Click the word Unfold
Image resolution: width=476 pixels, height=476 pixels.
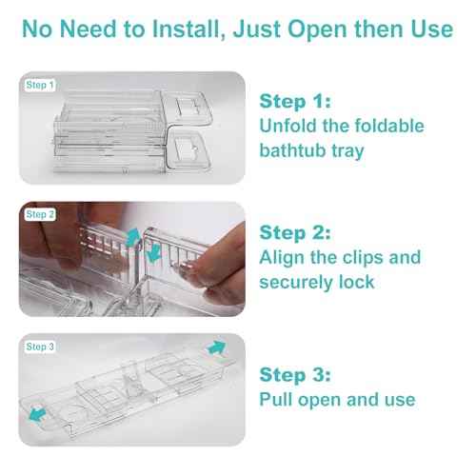[x=289, y=127]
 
